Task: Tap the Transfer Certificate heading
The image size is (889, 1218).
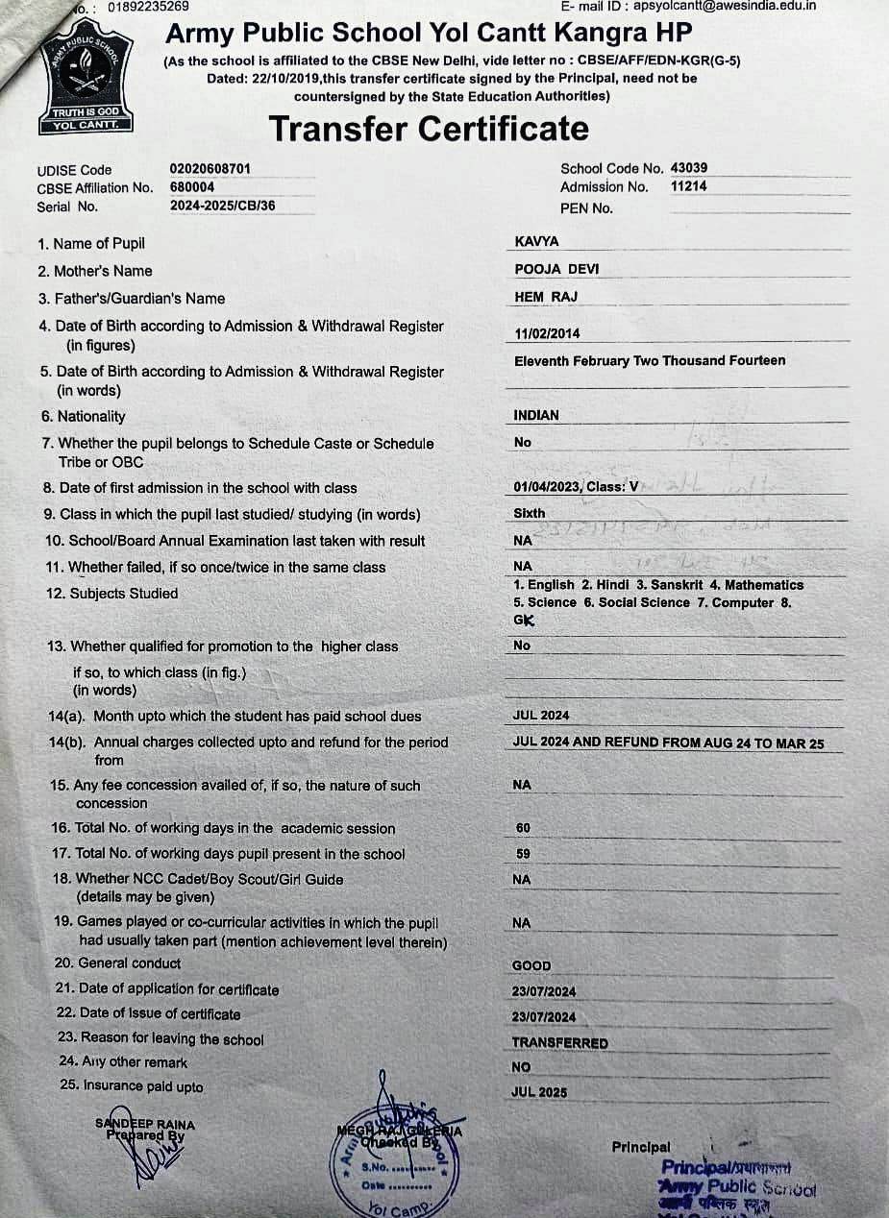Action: (429, 129)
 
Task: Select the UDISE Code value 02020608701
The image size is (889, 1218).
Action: (210, 169)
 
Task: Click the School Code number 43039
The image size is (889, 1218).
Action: (689, 168)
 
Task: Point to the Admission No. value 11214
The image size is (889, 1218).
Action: (688, 186)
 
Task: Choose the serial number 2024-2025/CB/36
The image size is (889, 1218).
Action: (221, 206)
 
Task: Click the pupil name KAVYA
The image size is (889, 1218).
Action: (536, 242)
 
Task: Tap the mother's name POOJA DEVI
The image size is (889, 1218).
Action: (556, 270)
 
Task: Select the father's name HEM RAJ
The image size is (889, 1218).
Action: (546, 298)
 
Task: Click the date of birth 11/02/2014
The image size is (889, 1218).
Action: (548, 334)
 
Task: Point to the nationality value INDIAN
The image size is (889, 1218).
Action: (536, 416)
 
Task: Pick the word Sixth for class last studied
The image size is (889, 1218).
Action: (530, 514)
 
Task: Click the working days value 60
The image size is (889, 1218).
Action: (523, 828)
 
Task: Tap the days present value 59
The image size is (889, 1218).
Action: (523, 854)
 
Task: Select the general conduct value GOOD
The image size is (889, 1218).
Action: (532, 966)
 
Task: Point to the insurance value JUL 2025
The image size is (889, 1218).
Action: (540, 1092)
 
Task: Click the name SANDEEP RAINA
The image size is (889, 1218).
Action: (145, 1125)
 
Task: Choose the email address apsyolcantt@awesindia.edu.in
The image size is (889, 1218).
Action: (725, 6)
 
